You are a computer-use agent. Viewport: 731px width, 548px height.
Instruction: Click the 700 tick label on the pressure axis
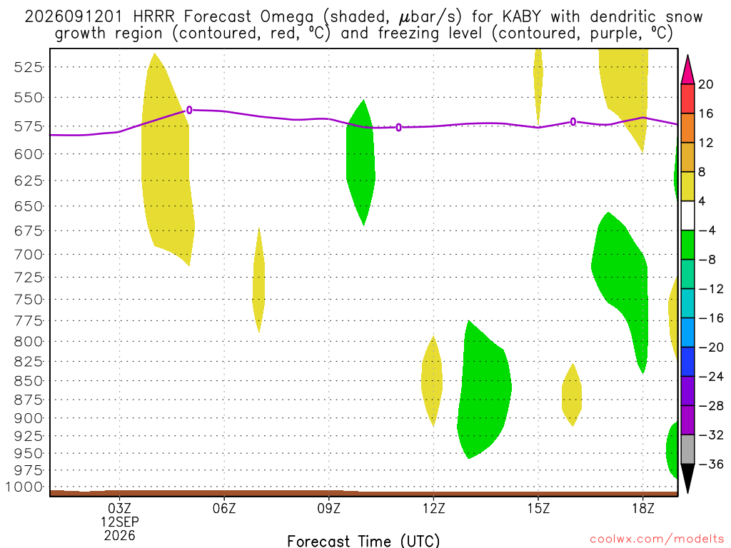[29, 255]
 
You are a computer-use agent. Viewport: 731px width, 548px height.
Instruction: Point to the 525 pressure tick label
[29, 67]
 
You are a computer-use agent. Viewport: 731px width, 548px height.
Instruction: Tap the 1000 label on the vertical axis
[24, 487]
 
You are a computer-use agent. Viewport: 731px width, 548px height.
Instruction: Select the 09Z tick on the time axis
[328, 508]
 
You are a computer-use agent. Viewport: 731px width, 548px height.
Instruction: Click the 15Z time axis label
[538, 508]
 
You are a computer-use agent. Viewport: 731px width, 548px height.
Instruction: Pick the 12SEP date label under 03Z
[120, 522]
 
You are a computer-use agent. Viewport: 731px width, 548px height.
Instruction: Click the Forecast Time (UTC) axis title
[363, 541]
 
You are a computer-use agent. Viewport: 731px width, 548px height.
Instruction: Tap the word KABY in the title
[522, 17]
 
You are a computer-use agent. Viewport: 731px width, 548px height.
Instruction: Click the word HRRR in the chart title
[153, 17]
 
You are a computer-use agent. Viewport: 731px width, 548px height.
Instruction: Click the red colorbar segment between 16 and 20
[687, 98]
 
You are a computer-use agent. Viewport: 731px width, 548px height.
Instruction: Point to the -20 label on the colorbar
[711, 347]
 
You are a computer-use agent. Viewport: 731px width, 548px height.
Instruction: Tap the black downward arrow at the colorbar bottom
[687, 477]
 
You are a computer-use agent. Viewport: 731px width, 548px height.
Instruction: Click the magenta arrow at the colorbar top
[687, 71]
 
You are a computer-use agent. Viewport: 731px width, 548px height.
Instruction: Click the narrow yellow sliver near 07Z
[258, 280]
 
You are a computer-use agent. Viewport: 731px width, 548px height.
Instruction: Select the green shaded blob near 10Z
[361, 163]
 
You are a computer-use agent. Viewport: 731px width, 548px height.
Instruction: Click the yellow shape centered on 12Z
[433, 381]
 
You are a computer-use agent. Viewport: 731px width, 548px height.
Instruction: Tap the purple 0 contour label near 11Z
[398, 127]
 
